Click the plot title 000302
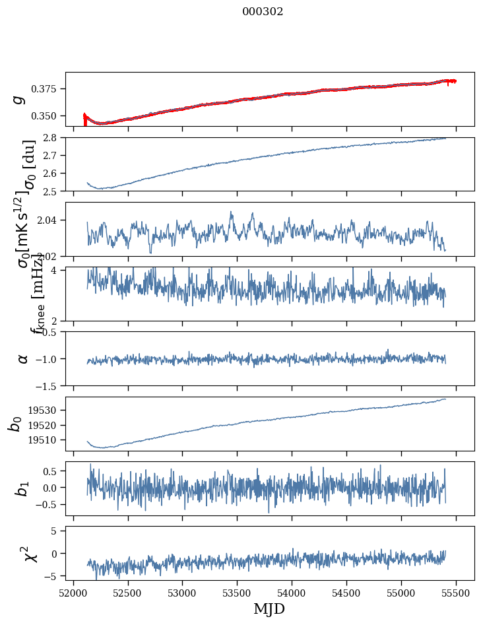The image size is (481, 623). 263,12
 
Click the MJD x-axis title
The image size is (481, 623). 269,608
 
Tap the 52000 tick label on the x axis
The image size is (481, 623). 73,590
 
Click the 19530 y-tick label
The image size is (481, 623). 46,410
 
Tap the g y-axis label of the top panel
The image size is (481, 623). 20,98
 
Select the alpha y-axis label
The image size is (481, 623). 23,358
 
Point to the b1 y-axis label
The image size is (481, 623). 23,488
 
